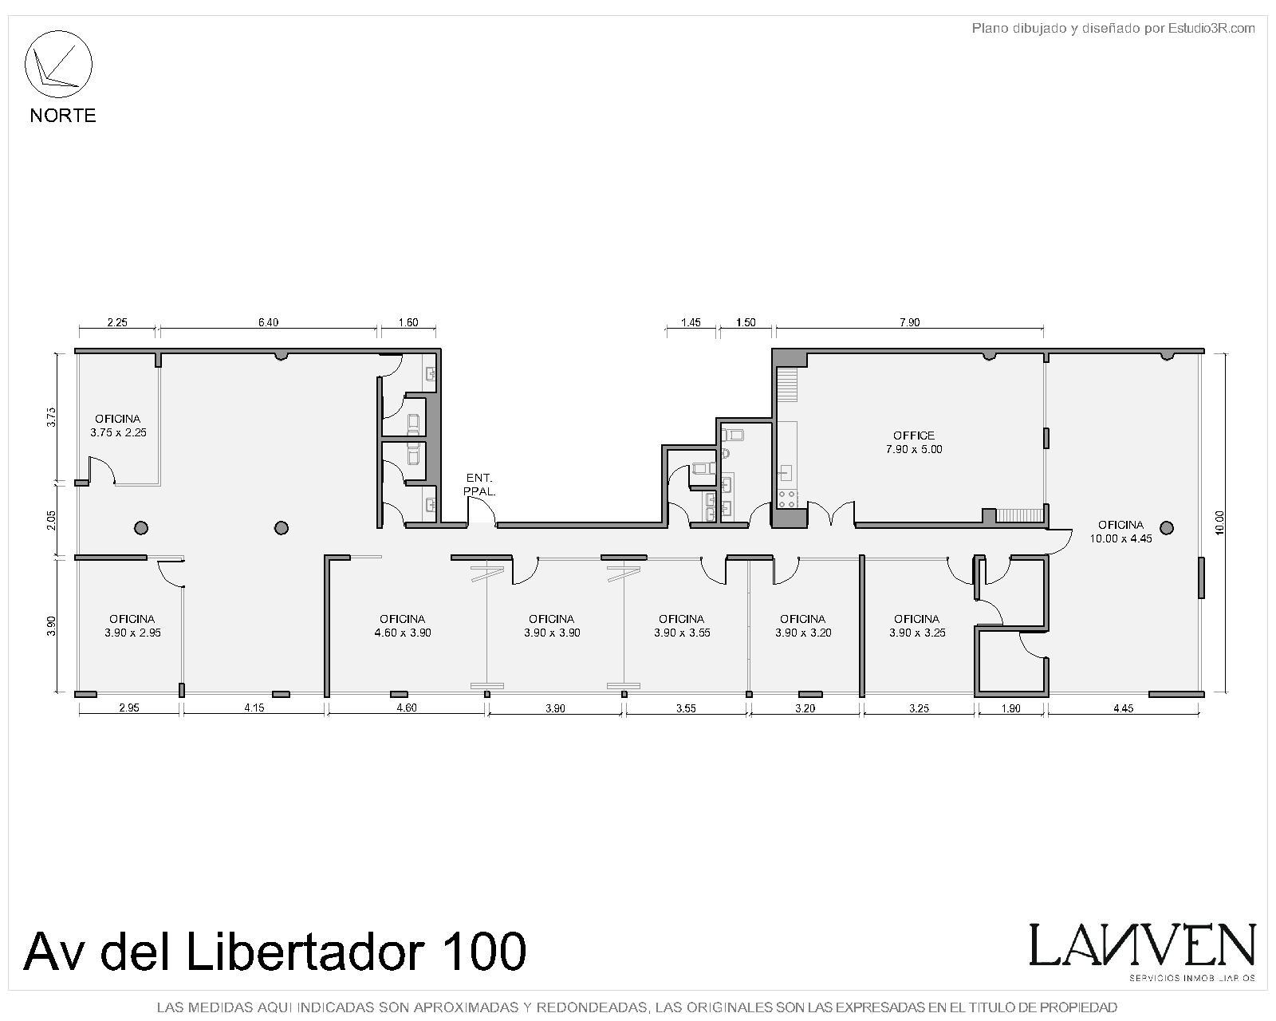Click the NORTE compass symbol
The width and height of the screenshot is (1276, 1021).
tap(58, 64)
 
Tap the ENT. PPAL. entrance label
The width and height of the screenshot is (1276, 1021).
tap(479, 484)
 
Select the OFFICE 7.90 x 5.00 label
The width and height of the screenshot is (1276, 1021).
tap(914, 443)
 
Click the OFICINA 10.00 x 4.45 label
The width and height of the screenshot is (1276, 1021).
tap(1120, 531)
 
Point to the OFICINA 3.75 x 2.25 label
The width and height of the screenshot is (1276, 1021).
tap(118, 426)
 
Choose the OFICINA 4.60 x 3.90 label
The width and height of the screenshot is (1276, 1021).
tap(403, 626)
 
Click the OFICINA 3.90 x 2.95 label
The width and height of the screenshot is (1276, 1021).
tap(132, 626)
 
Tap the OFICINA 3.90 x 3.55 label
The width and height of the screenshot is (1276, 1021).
tap(682, 626)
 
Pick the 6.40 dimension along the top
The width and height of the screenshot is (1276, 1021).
tap(268, 322)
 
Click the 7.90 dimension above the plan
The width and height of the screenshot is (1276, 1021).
tap(910, 322)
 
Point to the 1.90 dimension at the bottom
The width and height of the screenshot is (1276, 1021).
tap(1010, 708)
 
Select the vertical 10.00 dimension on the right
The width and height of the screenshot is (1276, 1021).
tap(1219, 522)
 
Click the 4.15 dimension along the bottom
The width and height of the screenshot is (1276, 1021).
tap(254, 708)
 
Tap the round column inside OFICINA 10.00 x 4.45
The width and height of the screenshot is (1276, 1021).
tap(1166, 527)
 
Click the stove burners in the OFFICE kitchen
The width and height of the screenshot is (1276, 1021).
tap(786, 499)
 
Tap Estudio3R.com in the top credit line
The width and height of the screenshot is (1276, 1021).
tap(1211, 28)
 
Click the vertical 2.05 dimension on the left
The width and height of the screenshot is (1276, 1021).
tap(52, 520)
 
